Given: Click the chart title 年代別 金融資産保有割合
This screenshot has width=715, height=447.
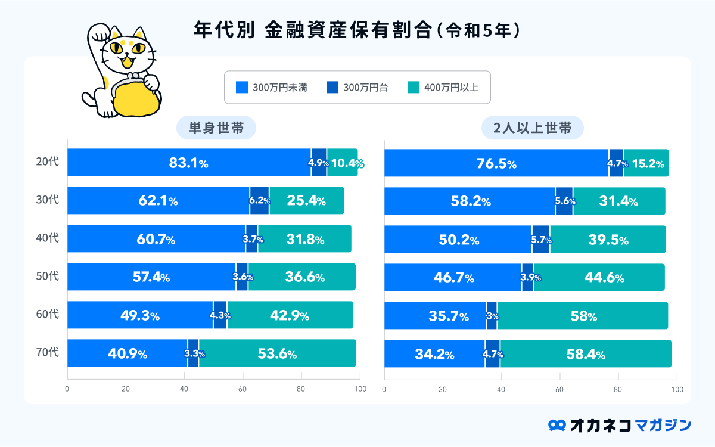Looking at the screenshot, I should pos(357,30).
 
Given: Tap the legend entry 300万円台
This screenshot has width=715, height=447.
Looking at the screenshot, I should pos(357,88).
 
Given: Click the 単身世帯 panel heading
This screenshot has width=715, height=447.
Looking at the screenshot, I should pos(216,128).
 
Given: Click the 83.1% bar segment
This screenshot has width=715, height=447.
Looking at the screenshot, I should pos(189,163).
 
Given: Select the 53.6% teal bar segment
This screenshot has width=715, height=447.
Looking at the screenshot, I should pos(277,353).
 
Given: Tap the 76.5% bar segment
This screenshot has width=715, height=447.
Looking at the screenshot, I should pos(496,163).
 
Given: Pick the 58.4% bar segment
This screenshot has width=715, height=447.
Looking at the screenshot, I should pos(586,354).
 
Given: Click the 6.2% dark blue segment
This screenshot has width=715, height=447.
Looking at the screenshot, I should pos(259,201).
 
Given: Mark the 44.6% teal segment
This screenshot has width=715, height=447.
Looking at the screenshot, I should pos(599,278).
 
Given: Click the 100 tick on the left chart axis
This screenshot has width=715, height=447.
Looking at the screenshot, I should pos(359,389).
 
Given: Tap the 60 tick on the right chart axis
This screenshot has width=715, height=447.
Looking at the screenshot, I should pos(559,389).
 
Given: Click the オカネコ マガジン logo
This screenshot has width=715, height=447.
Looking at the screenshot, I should pos(620,424).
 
